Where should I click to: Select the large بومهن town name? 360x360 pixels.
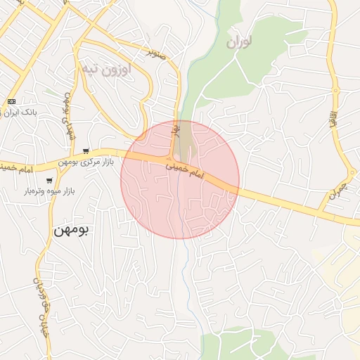click(71, 230)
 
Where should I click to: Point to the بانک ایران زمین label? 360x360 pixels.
click(20, 112)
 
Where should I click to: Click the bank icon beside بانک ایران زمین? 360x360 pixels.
click(11, 102)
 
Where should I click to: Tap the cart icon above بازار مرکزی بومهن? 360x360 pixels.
click(86, 151)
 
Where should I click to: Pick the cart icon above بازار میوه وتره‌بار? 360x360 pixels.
click(49, 181)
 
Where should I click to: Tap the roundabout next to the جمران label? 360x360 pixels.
click(351, 173)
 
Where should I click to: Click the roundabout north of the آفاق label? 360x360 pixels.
click(336, 89)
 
